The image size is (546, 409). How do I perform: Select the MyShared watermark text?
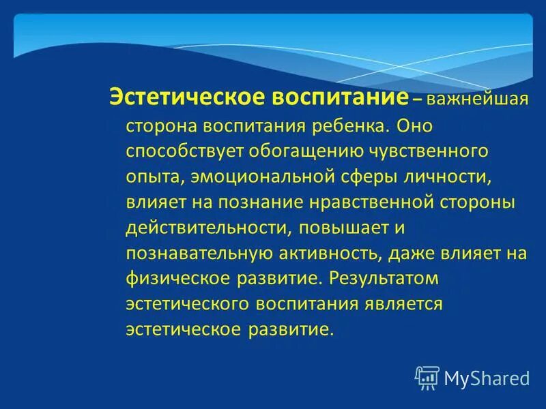coord(486,378)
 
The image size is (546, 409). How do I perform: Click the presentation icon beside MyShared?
coord(427,377)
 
